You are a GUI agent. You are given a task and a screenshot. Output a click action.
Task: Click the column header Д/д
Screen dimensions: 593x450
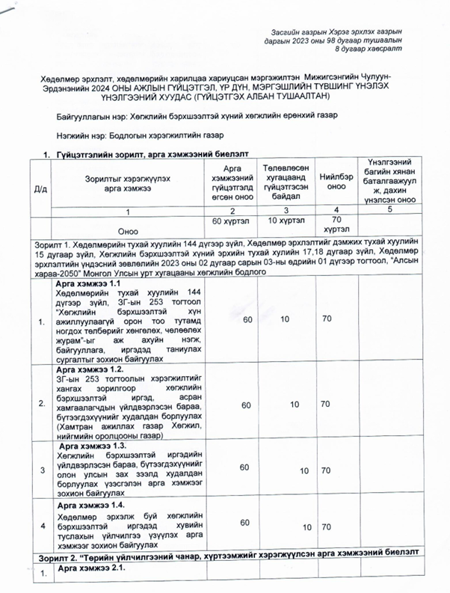tap(37, 188)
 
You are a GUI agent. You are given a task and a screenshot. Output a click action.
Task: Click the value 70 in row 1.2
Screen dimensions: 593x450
tap(326, 405)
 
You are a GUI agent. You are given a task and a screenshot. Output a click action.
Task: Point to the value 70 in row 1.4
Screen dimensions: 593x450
tap(326, 528)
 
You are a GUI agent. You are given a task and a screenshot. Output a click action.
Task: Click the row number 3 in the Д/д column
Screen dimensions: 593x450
tap(42, 470)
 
